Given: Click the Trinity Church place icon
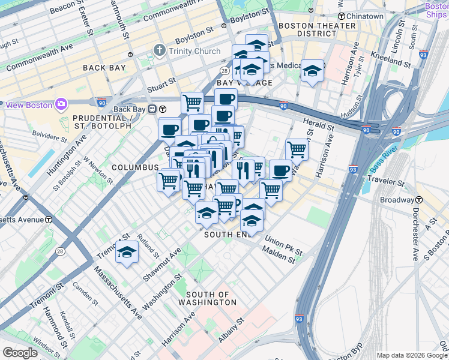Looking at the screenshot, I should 160,51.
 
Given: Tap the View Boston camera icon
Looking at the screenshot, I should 61,105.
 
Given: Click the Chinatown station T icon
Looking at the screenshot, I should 341,16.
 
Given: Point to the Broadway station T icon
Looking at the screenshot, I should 420,199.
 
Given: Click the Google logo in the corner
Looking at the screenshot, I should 20,353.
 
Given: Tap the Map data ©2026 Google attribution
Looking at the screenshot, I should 412,355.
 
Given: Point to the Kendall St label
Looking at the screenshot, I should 67,329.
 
